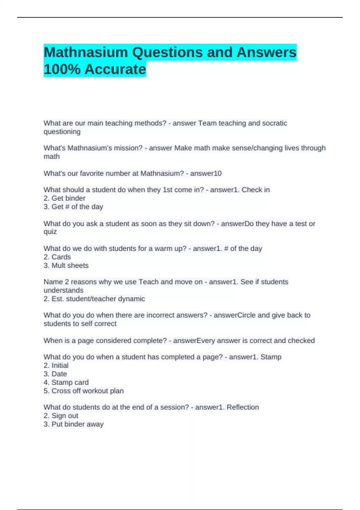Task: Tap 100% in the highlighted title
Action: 62,69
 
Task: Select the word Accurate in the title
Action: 115,69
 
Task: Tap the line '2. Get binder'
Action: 64,198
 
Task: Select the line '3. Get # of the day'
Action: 73,207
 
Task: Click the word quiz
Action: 50,232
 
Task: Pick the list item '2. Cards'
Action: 57,257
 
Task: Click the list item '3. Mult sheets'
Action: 66,265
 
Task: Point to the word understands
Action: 64,290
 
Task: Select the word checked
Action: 301,340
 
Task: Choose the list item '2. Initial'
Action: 56,365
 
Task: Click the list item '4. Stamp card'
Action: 66,382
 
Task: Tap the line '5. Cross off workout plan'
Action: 83,391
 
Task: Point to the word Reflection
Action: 242,407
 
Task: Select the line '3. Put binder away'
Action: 73,424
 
